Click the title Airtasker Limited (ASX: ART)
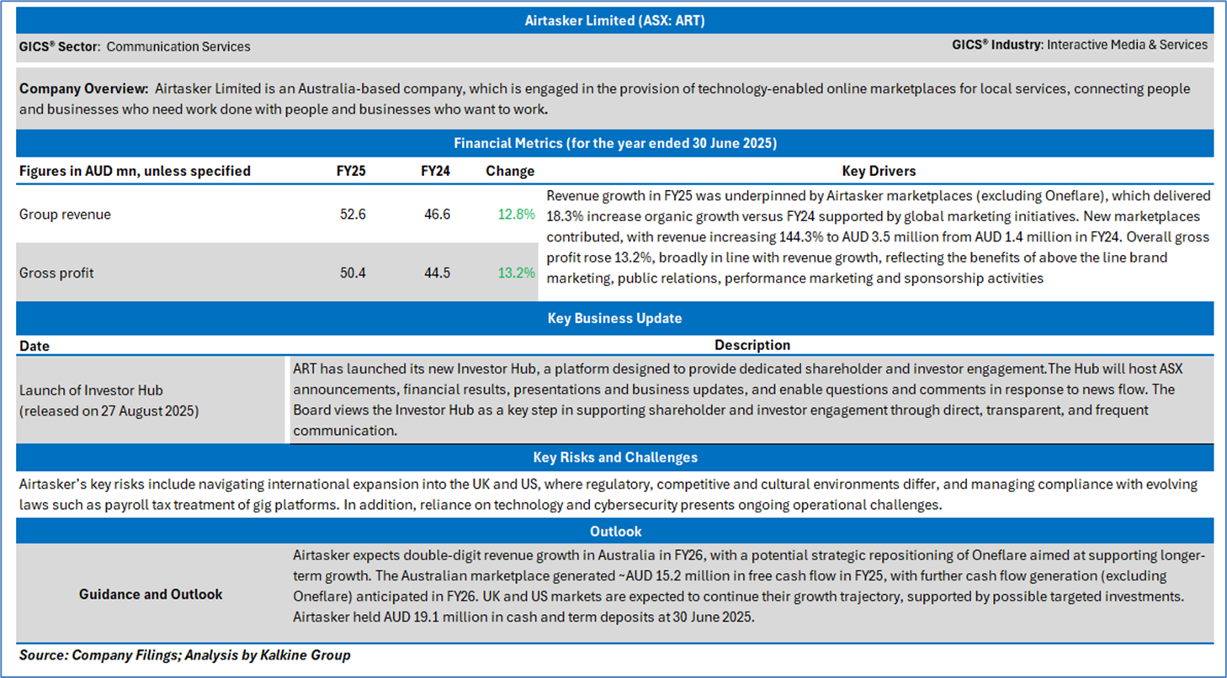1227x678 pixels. pyautogui.click(x=613, y=20)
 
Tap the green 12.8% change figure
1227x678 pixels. pyautogui.click(x=516, y=215)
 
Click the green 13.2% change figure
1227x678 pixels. pyautogui.click(x=516, y=273)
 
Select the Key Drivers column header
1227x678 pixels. pyautogui.click(x=878, y=171)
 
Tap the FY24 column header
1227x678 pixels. pyautogui.click(x=435, y=171)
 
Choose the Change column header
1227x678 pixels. pyautogui.click(x=510, y=171)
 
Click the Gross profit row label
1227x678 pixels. pyautogui.click(x=56, y=273)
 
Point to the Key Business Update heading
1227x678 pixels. pyautogui.click(x=614, y=319)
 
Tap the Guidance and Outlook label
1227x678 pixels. pyautogui.click(x=151, y=594)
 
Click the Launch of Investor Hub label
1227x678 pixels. pyautogui.click(x=91, y=390)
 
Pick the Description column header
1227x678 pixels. pyautogui.click(x=752, y=345)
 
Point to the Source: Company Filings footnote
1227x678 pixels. pyautogui.click(x=184, y=654)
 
